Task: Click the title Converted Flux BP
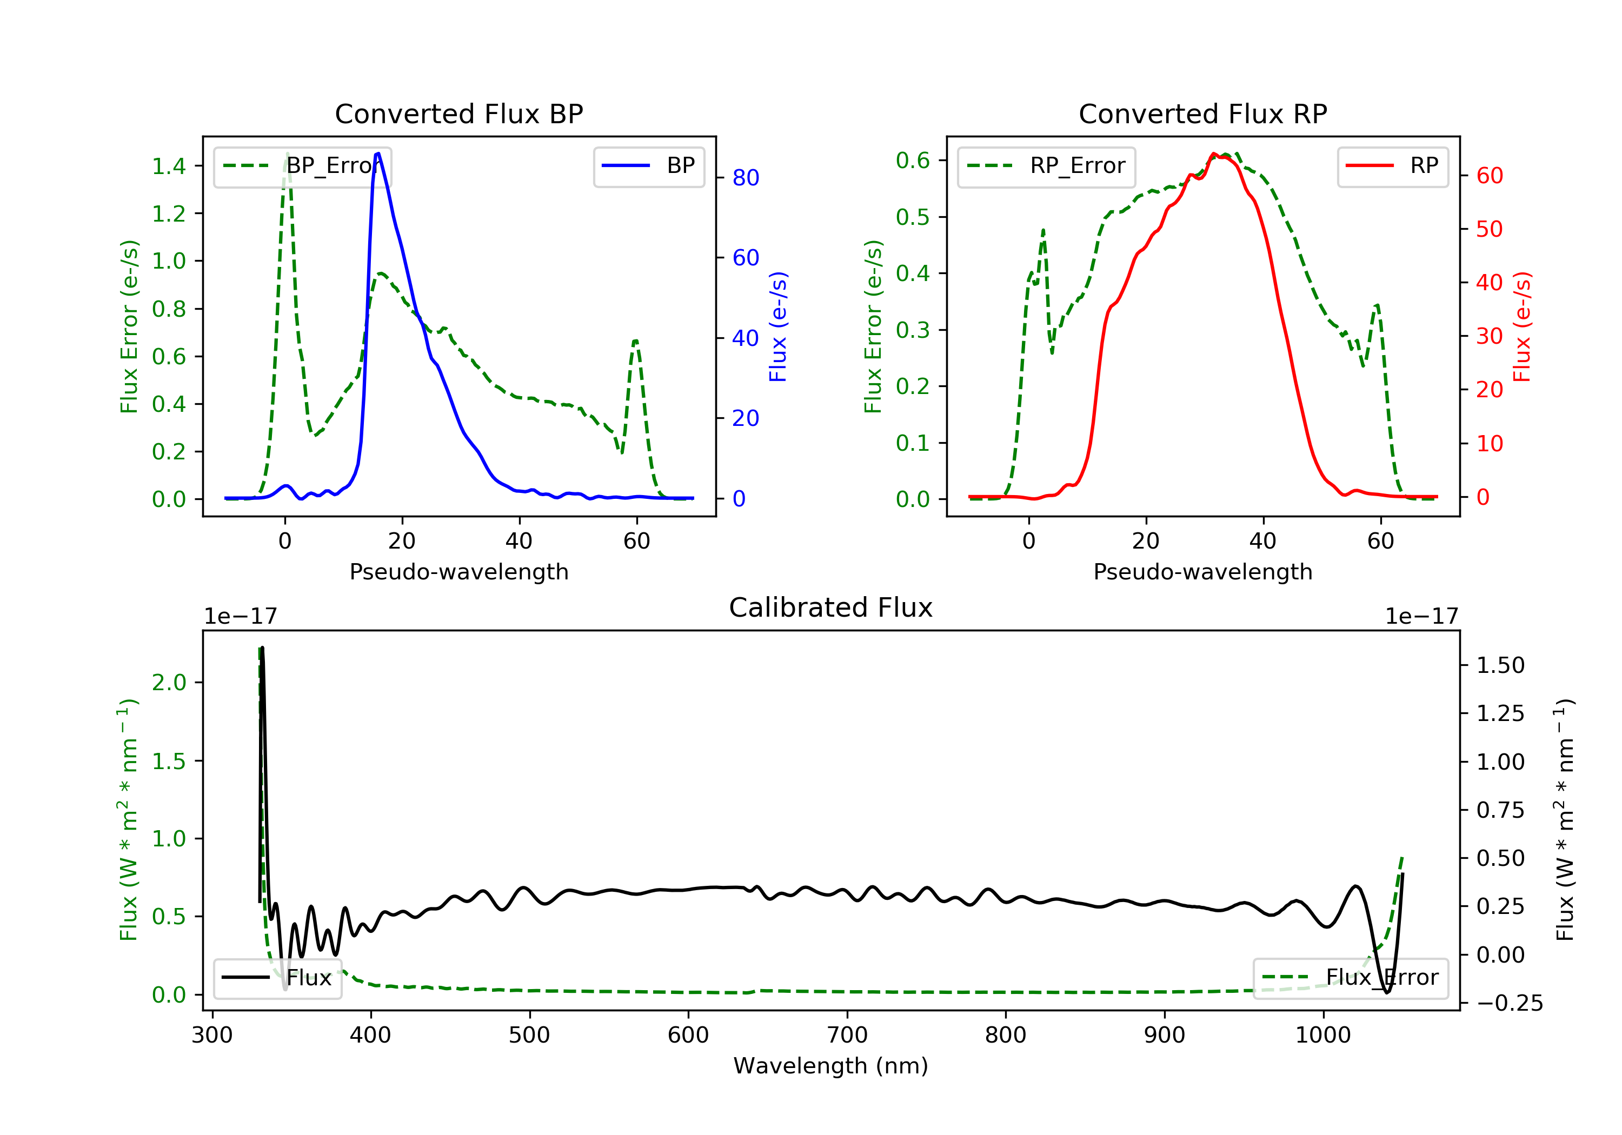click(458, 113)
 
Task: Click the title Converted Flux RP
click(1202, 113)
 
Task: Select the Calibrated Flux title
click(831, 607)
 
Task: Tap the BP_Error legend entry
click(302, 166)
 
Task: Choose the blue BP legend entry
click(648, 166)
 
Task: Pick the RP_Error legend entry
click(1046, 166)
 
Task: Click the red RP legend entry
click(1392, 166)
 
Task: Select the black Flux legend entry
click(278, 978)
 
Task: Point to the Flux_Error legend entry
click(1350, 978)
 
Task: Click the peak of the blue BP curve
click(378, 153)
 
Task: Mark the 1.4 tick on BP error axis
click(169, 166)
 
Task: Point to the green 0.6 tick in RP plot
click(913, 161)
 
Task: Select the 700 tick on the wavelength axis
click(847, 1036)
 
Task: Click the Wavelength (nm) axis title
click(831, 1066)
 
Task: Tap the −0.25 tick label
click(1510, 1004)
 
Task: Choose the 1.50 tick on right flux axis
click(1500, 665)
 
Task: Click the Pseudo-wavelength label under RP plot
click(1202, 572)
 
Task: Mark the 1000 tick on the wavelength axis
click(1322, 1036)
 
